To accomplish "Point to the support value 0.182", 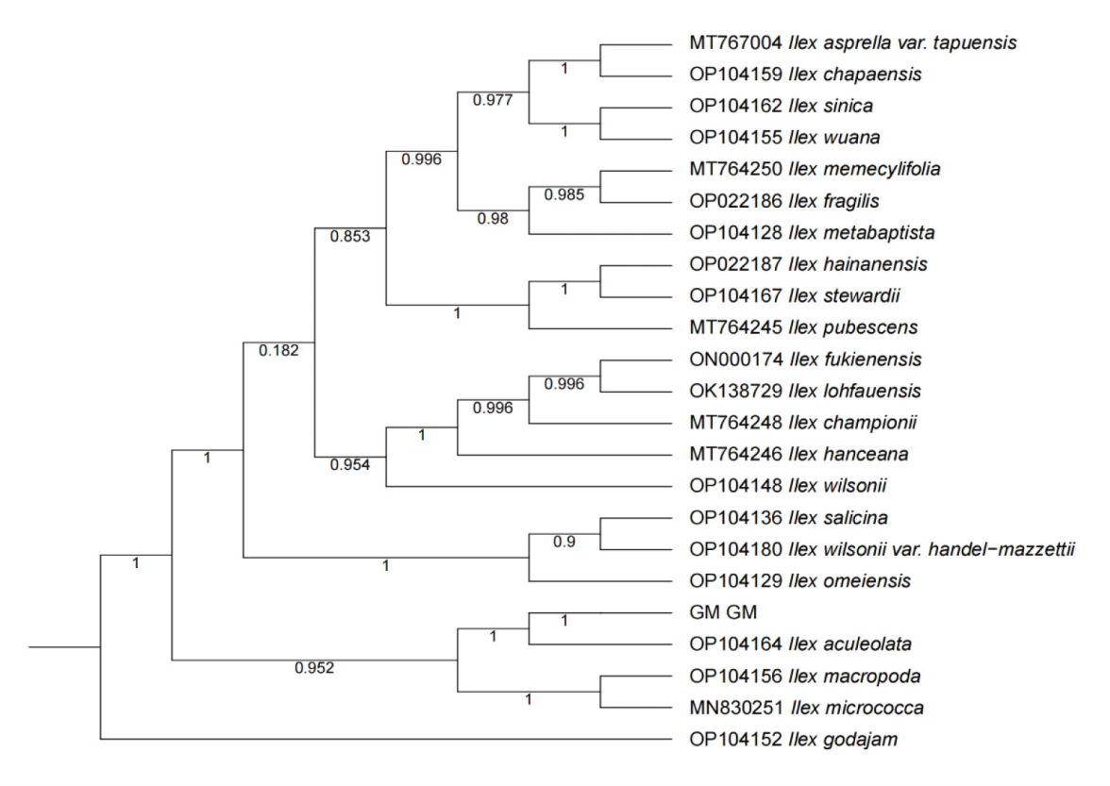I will click(x=278, y=351).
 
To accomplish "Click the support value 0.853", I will click(x=349, y=236).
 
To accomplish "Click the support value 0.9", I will click(x=564, y=542).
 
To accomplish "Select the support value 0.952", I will click(x=313, y=669).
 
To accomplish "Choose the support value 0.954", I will click(x=349, y=463).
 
